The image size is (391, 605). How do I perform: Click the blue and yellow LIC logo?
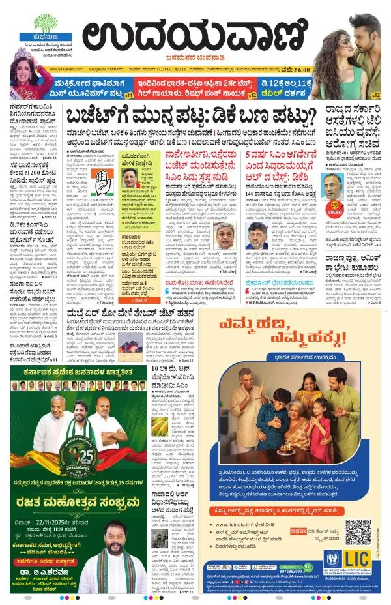tap(358, 559)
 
